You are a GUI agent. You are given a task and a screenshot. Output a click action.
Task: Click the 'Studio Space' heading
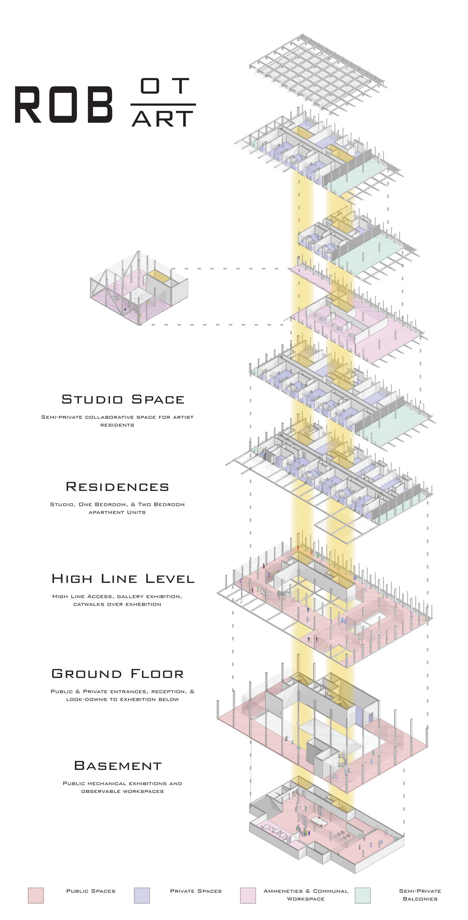tap(123, 399)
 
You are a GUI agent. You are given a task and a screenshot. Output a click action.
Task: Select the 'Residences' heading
tap(118, 487)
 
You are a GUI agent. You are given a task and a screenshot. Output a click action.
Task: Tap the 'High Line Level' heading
tap(123, 578)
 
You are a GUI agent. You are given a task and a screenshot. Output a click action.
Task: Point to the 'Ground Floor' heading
tap(118, 674)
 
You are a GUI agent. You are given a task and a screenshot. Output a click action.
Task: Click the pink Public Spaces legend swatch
tap(36, 895)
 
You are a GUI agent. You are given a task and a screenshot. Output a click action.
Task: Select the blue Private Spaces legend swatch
tap(142, 895)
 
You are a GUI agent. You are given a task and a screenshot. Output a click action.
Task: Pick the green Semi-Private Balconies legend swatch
tap(363, 895)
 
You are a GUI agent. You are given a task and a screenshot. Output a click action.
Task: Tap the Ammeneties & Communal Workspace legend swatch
tap(248, 895)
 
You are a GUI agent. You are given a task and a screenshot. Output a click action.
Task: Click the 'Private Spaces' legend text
tap(196, 891)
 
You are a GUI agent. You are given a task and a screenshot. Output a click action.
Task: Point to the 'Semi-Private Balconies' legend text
tap(420, 895)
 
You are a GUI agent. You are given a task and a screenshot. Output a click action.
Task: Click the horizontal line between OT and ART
tap(163, 105)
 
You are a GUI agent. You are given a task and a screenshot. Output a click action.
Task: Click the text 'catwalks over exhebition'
tap(117, 604)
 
